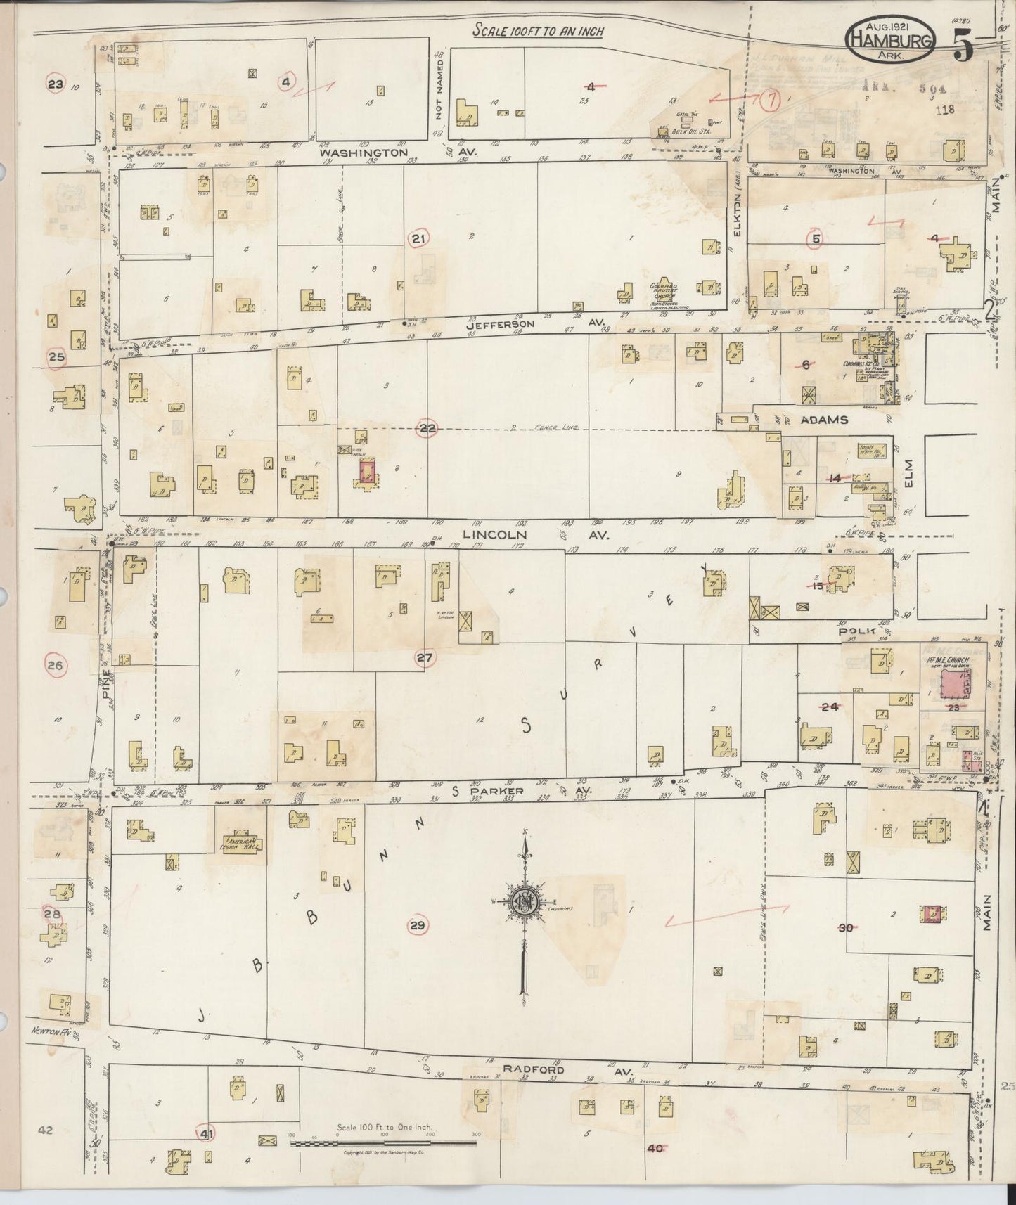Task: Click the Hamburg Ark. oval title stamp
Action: [892, 40]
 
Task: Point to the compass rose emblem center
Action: [524, 902]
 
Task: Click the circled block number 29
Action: [418, 925]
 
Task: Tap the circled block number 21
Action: [418, 240]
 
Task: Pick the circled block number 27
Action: [425, 658]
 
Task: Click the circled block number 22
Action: [427, 428]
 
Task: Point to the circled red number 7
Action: [771, 101]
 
